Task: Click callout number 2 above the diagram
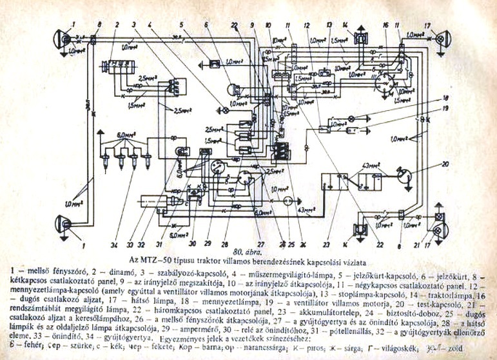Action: (117, 25)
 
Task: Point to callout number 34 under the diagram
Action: (113, 245)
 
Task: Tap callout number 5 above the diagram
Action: (182, 25)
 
